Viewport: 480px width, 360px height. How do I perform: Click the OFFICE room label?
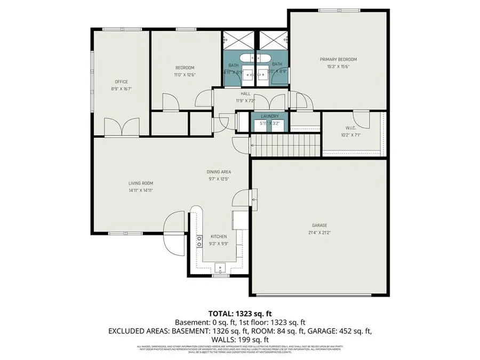pyautogui.click(x=121, y=82)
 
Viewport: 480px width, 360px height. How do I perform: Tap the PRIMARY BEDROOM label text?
pyautogui.click(x=338, y=59)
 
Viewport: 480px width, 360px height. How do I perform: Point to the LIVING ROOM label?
pyautogui.click(x=141, y=183)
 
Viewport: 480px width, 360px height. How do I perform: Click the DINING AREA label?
pyautogui.click(x=219, y=172)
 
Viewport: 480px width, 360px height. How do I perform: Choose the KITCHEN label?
pyautogui.click(x=219, y=236)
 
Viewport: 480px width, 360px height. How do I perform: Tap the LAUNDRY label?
pyautogui.click(x=269, y=117)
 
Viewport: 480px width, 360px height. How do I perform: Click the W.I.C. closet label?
pyautogui.click(x=350, y=127)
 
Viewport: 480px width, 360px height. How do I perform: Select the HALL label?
pyautogui.click(x=245, y=94)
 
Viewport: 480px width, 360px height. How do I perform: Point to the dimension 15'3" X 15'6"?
pyautogui.click(x=338, y=67)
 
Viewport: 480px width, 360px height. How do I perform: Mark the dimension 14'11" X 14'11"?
pyautogui.click(x=141, y=190)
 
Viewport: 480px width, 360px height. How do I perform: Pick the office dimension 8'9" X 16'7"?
pyautogui.click(x=121, y=89)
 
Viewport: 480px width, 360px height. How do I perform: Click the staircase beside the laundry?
pyautogui.click(x=285, y=145)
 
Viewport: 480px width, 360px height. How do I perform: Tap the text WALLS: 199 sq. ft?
pyautogui.click(x=239, y=339)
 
